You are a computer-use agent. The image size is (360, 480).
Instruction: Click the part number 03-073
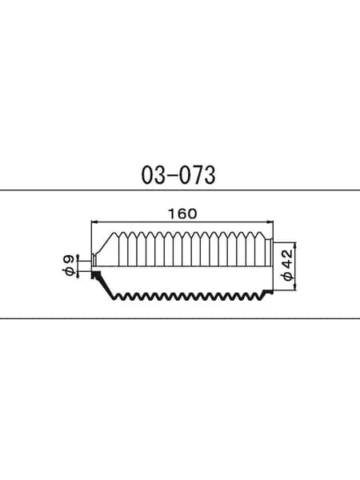[x=178, y=175]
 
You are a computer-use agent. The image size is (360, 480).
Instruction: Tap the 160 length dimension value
[x=182, y=214]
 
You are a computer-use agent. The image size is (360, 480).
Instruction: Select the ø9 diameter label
[x=69, y=266]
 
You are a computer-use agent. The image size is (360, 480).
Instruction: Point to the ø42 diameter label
[x=288, y=265]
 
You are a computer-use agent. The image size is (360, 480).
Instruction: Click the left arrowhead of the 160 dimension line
[x=94, y=222]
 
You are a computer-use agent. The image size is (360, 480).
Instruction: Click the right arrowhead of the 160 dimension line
[x=270, y=222]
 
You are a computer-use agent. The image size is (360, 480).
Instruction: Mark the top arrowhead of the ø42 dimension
[x=295, y=246]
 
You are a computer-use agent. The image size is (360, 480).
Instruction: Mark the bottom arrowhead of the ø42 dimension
[x=295, y=287]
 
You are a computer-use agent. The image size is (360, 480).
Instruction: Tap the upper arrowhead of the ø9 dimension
[x=78, y=258]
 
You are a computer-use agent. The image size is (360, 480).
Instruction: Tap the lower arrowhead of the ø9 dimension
[x=78, y=274]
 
